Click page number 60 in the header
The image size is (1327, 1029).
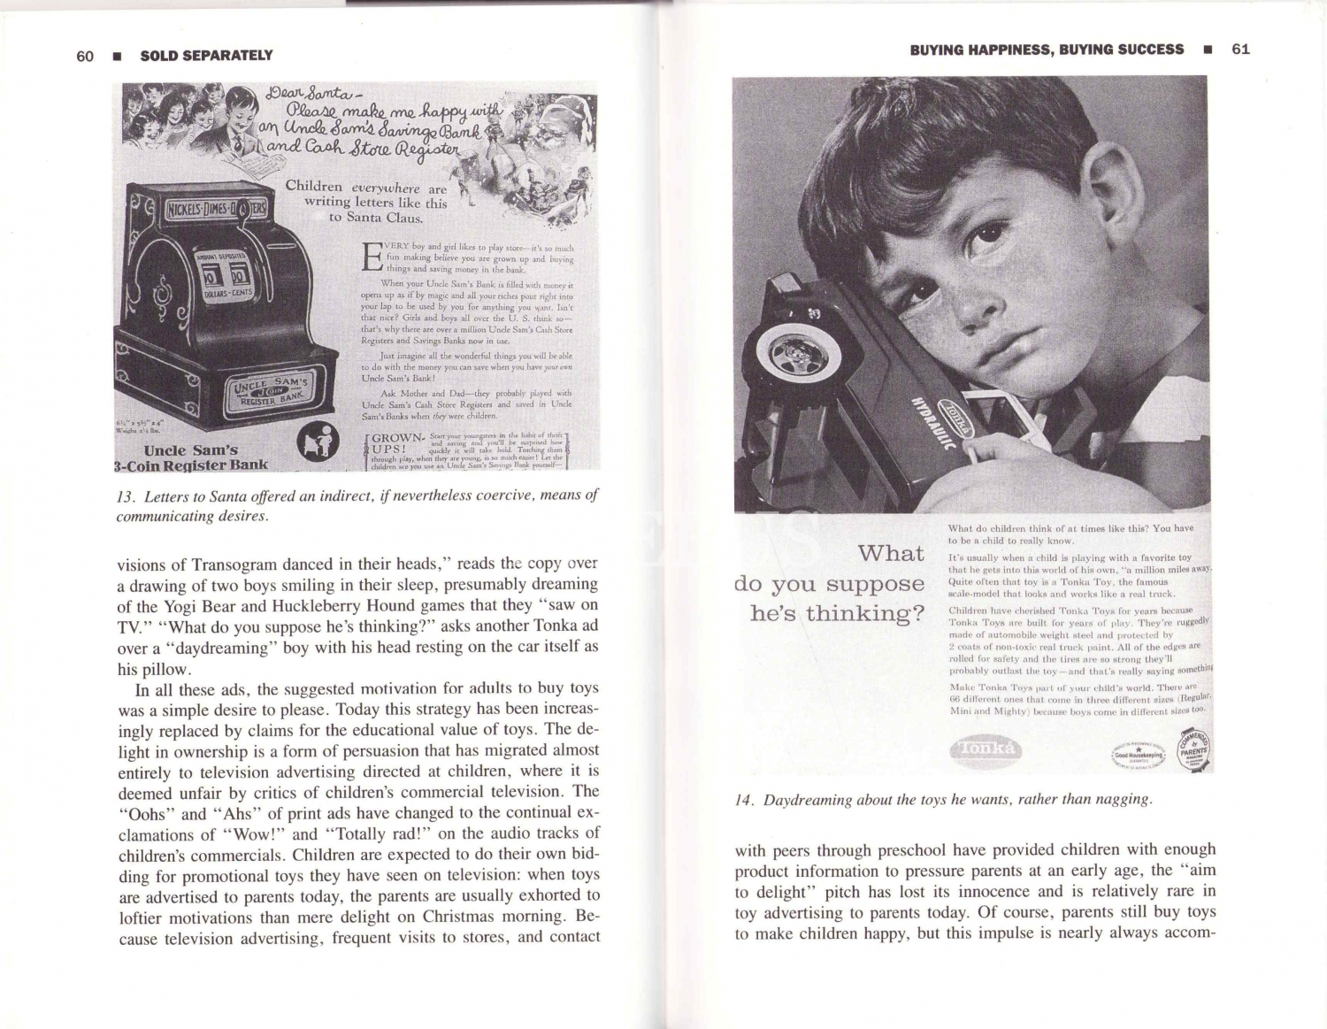(x=85, y=56)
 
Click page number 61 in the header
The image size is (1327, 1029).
(x=1240, y=49)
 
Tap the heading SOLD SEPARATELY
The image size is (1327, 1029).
(x=206, y=56)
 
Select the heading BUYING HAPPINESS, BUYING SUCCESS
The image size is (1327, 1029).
(x=1047, y=50)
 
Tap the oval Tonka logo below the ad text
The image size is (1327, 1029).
(x=986, y=749)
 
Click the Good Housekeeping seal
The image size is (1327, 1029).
(x=1139, y=755)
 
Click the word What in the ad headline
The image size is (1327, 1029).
(x=891, y=553)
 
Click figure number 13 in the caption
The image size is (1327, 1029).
(x=125, y=496)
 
